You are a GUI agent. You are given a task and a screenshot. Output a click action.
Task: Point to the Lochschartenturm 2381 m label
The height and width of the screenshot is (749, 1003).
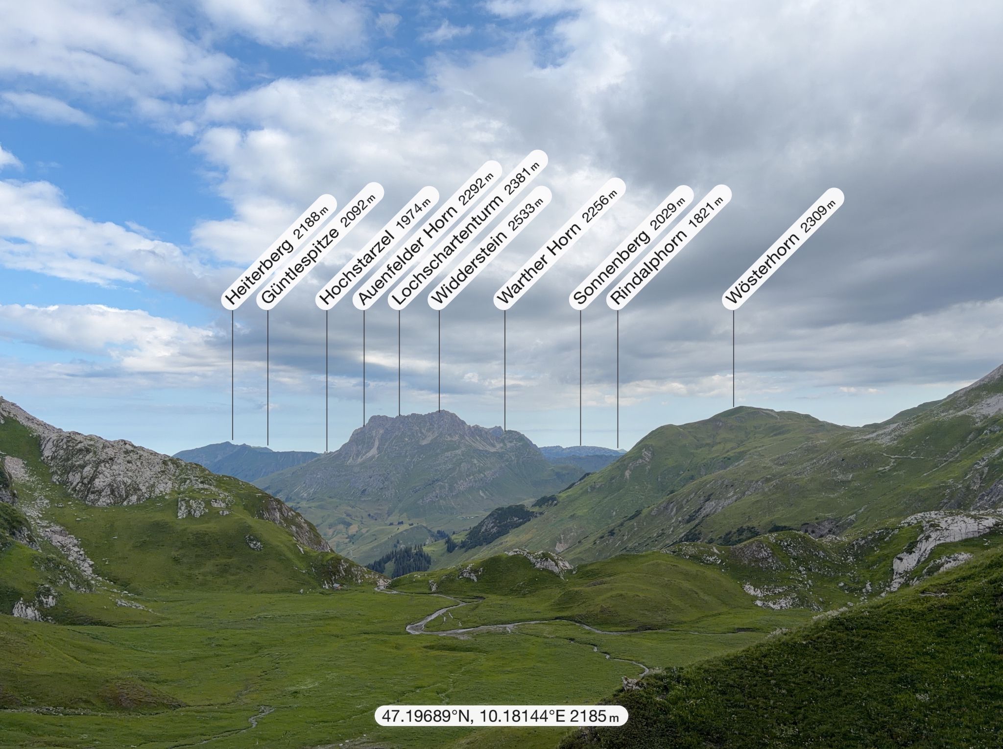pyautogui.click(x=468, y=230)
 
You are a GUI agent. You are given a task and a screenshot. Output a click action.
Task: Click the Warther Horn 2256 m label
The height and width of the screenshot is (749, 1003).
pyautogui.click(x=559, y=243)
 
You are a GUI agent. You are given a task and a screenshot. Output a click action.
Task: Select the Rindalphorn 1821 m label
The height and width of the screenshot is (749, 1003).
pyautogui.click(x=669, y=247)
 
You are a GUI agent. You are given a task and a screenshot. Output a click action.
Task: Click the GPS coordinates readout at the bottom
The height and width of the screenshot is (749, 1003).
pyautogui.click(x=501, y=717)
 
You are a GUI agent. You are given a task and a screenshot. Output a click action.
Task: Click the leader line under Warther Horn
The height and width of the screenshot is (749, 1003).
pyautogui.click(x=505, y=371)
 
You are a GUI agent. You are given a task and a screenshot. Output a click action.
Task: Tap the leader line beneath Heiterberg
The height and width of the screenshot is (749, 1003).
pyautogui.click(x=232, y=375)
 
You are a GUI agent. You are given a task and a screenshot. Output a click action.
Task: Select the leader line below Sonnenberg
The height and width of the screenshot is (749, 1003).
pyautogui.click(x=580, y=377)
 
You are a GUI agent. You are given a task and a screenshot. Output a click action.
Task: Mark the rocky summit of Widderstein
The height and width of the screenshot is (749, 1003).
pyautogui.click(x=439, y=413)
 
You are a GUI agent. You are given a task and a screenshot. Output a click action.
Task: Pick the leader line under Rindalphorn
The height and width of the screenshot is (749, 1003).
pyautogui.click(x=618, y=379)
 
